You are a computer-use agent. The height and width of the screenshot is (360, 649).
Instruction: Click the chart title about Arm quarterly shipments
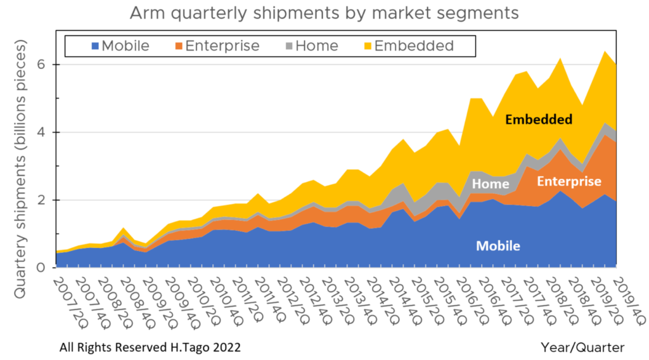point(324,13)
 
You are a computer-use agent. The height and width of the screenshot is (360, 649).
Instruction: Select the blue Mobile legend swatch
point(95,46)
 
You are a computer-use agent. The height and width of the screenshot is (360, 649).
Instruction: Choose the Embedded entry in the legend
point(414,46)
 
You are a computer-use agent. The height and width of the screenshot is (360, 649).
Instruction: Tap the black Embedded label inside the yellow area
point(539,119)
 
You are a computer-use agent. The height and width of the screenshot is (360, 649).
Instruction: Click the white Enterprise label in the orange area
point(569,182)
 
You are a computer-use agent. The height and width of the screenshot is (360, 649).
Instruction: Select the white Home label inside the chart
point(490,184)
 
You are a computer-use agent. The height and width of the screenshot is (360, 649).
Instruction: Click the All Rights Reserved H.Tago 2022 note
point(150,347)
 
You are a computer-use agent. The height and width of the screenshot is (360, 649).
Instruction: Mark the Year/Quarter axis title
point(582,347)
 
